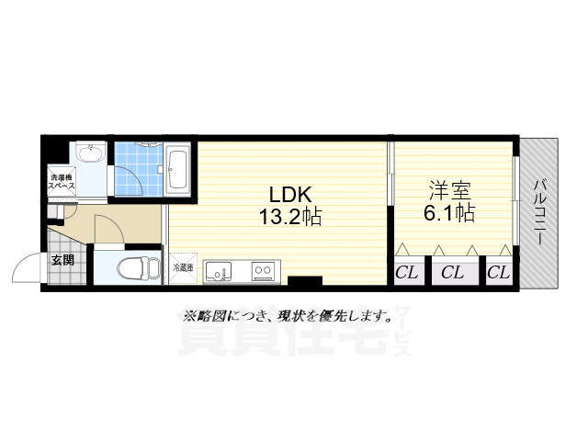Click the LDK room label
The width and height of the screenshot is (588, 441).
point(290,195)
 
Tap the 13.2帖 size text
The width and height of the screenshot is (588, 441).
point(290,219)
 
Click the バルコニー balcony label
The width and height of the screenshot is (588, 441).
point(539,211)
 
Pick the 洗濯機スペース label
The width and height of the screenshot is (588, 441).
point(62,181)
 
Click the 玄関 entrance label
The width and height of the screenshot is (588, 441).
point(62,260)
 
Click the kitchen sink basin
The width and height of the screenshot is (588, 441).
point(218,270)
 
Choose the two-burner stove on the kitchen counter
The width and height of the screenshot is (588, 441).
point(263,270)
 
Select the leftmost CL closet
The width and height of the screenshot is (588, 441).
point(407,272)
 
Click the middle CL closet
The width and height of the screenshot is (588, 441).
point(451,272)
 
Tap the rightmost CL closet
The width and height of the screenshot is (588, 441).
point(497,272)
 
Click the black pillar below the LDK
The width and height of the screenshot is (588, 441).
point(304,281)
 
